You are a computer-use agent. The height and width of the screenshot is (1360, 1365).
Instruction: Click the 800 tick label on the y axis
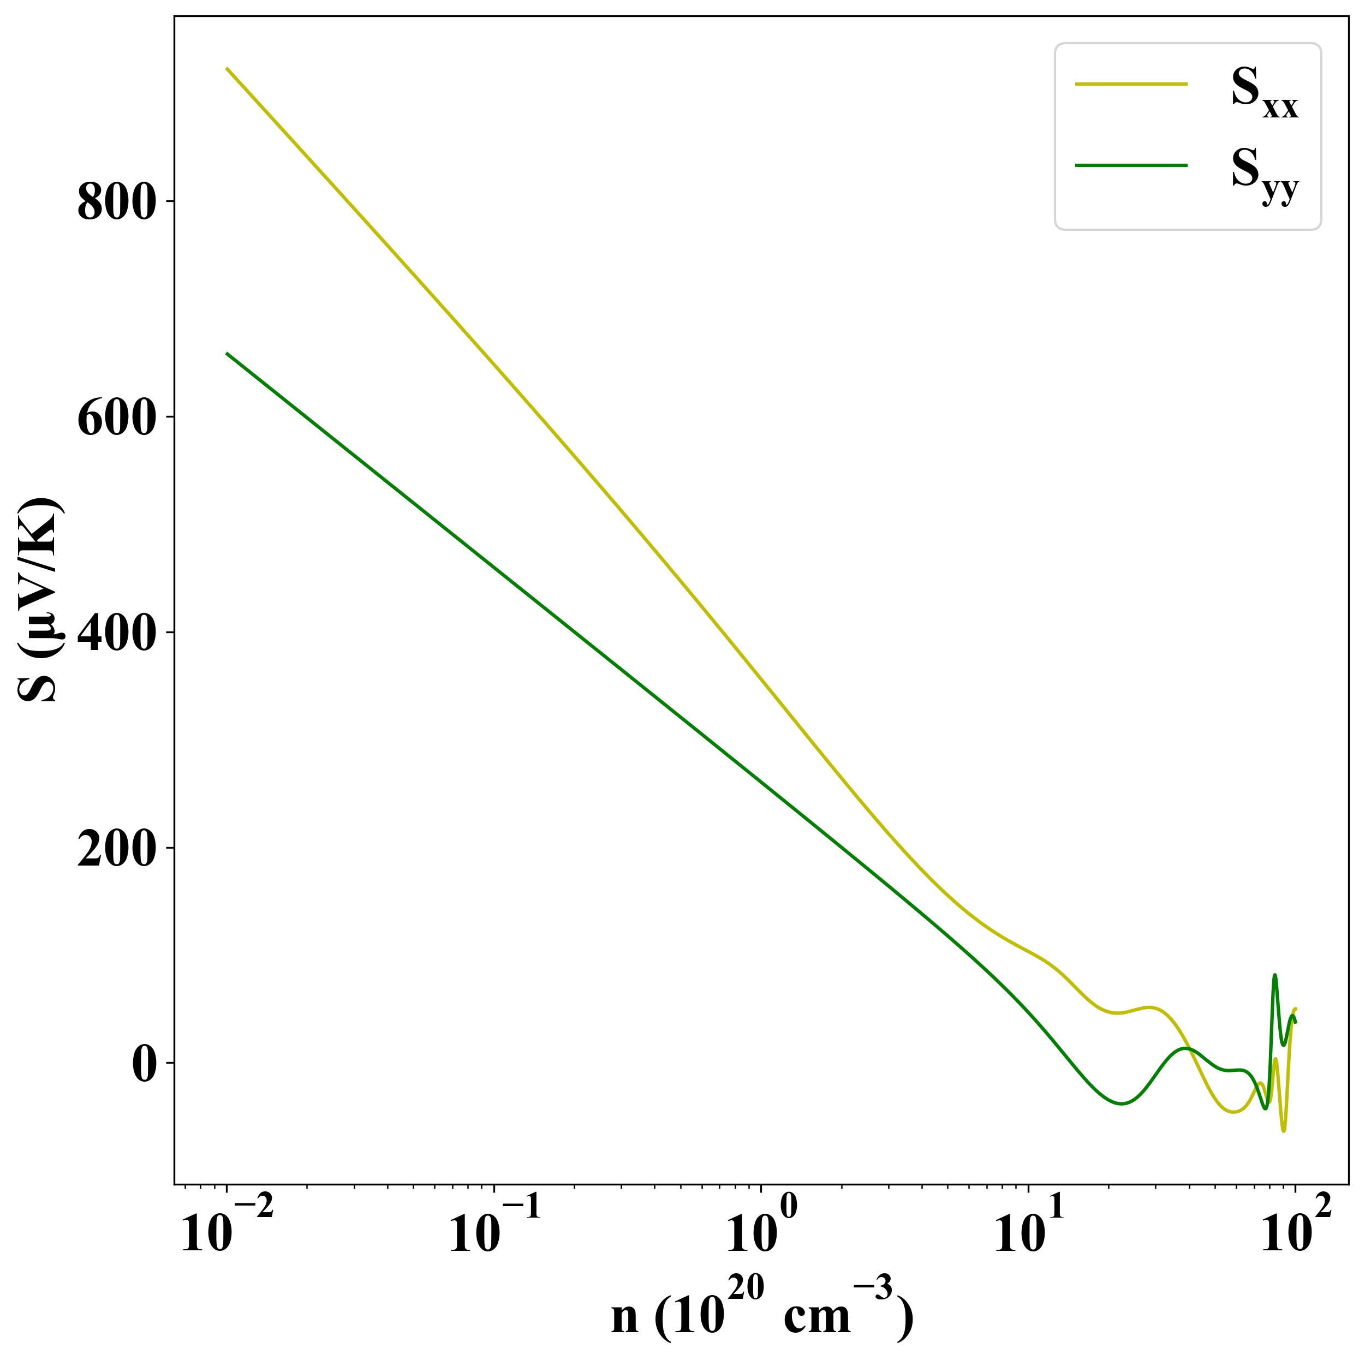pos(115,204)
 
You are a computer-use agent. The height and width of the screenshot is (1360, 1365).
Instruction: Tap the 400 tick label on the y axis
pos(115,635)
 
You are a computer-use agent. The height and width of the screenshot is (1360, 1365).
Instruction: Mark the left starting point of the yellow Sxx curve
pos(227,69)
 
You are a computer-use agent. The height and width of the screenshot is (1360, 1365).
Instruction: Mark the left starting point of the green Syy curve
pos(227,353)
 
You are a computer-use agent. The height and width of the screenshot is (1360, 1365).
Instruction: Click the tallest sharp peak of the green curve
pos(1274,975)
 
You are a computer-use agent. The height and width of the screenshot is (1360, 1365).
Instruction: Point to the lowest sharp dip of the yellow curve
pos(1284,1132)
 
